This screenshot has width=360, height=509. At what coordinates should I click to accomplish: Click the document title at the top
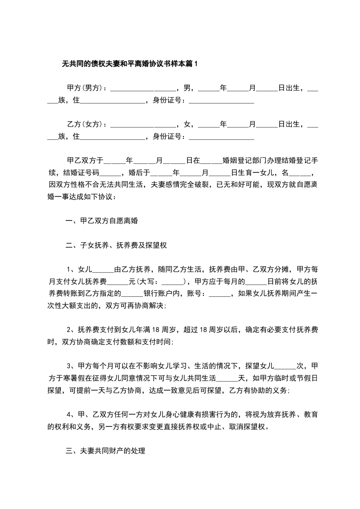coord(130,64)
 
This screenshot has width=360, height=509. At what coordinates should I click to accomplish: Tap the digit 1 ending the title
coord(196,64)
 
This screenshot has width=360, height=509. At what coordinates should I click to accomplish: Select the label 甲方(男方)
coord(85,88)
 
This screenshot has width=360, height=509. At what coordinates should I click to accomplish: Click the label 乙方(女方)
coord(85,123)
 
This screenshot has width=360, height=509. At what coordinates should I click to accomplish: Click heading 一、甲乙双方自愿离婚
coord(102,221)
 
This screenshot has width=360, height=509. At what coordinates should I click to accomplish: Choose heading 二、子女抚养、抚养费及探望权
coord(117,245)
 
